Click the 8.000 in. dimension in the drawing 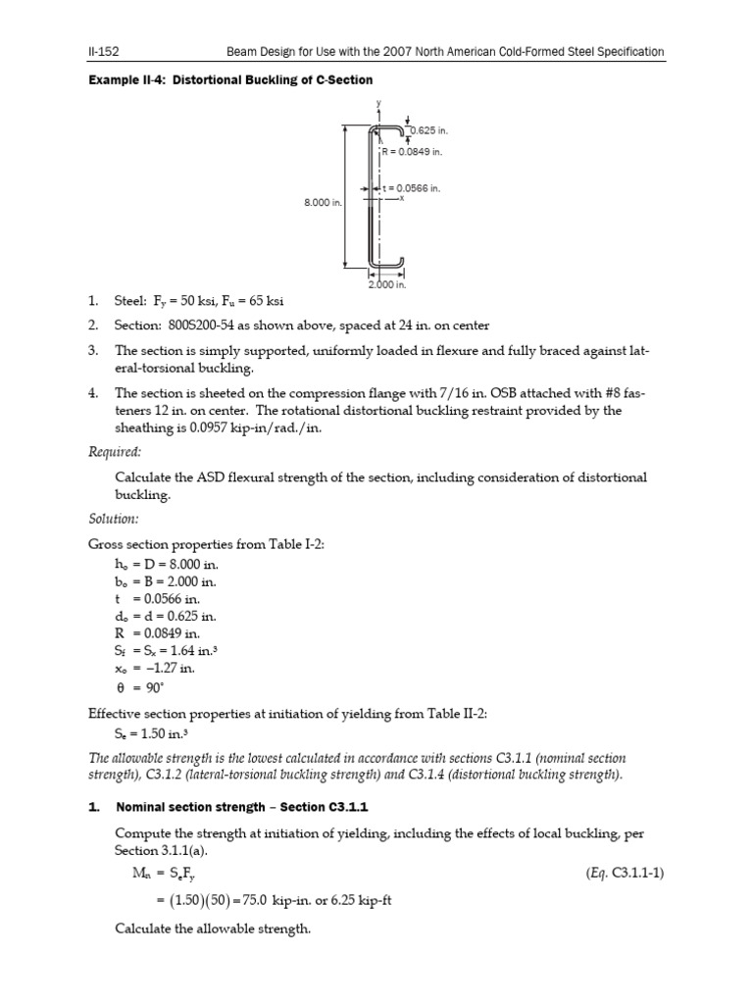[x=322, y=203]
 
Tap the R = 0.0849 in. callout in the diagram [x=412, y=152]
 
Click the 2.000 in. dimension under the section [x=387, y=284]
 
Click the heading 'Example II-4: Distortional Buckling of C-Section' [x=230, y=78]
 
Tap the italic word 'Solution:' [x=114, y=517]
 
